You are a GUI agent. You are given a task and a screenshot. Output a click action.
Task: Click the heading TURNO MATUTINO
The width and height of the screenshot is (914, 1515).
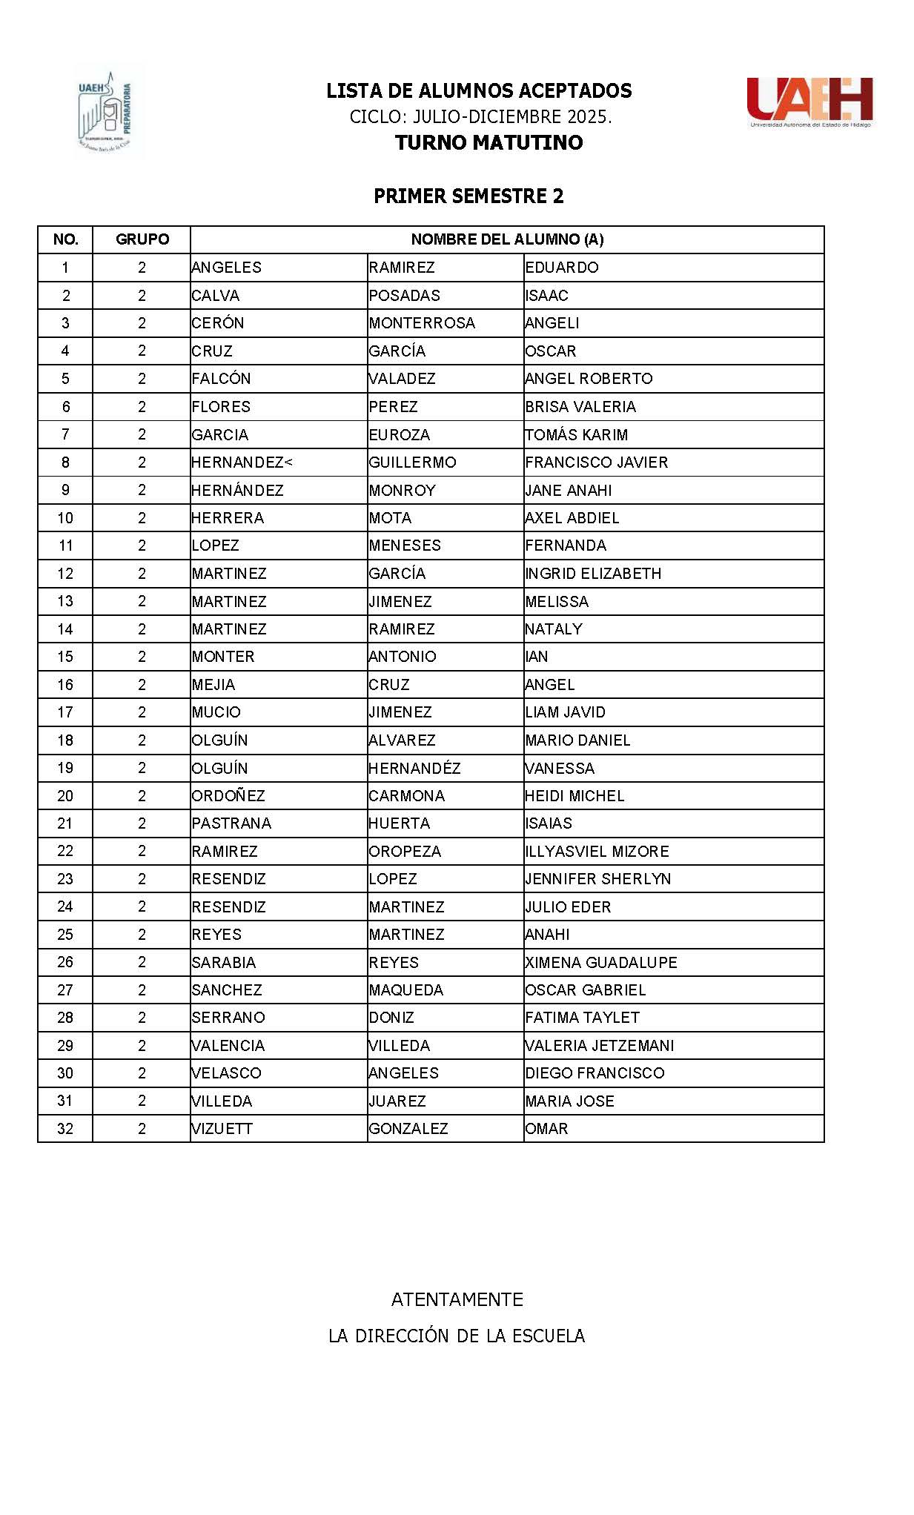pos(489,142)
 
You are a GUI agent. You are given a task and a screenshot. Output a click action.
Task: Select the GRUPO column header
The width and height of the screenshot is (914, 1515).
pos(142,239)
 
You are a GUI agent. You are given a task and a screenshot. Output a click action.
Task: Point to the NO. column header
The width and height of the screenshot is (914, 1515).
pos(65,239)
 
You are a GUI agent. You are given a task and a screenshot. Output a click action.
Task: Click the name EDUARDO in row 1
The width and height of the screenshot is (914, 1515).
pos(562,268)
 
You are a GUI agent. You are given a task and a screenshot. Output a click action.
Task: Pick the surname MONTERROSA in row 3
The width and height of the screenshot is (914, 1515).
pos(422,323)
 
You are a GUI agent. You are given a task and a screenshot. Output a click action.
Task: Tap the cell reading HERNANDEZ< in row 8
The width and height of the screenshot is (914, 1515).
pos(242,463)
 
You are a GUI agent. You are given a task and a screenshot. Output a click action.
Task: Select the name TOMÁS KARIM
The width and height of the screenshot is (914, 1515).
pos(576,435)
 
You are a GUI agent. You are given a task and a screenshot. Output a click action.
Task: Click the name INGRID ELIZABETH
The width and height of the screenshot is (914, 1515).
pos(593,574)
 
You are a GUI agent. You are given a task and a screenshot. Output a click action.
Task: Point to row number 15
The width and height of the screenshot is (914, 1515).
pos(65,657)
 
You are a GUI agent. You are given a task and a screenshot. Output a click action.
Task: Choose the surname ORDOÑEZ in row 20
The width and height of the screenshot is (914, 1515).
pos(228,796)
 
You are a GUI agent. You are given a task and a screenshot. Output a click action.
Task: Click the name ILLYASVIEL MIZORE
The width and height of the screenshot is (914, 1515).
pos(597,852)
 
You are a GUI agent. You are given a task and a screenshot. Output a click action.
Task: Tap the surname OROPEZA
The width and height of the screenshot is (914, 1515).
pos(405,852)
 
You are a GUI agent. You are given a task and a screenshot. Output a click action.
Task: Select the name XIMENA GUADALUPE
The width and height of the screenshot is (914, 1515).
pos(600,963)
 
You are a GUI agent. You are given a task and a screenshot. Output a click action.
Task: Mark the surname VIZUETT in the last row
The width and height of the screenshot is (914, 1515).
pos(222,1129)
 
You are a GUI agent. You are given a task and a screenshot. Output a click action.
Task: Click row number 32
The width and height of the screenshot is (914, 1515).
pos(65,1129)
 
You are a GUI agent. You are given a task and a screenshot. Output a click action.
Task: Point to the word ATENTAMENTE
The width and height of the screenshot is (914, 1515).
pos(457,1299)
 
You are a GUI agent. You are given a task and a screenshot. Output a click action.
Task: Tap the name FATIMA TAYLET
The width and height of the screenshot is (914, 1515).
pos(582,1018)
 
